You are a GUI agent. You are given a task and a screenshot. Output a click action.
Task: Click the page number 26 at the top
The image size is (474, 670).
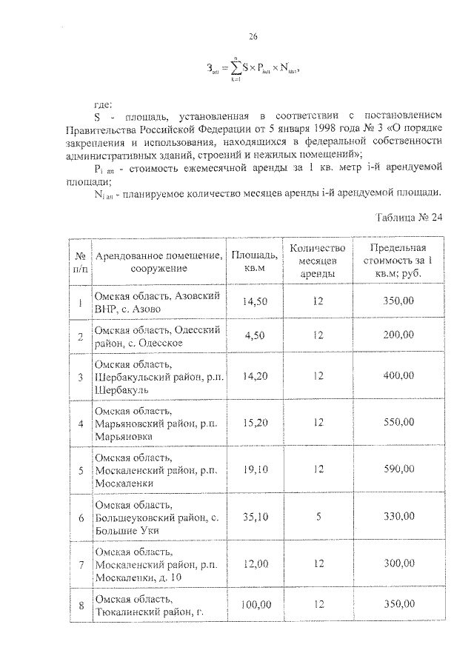253,36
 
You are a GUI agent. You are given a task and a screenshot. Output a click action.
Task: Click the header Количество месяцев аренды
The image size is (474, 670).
318,261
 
